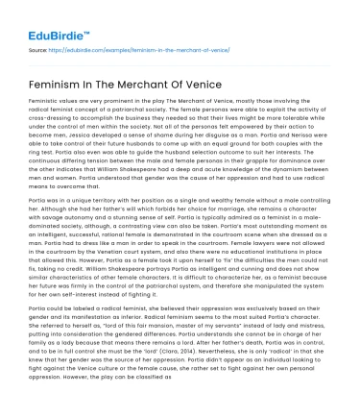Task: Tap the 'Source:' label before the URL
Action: pyautogui.click(x=39, y=46)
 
